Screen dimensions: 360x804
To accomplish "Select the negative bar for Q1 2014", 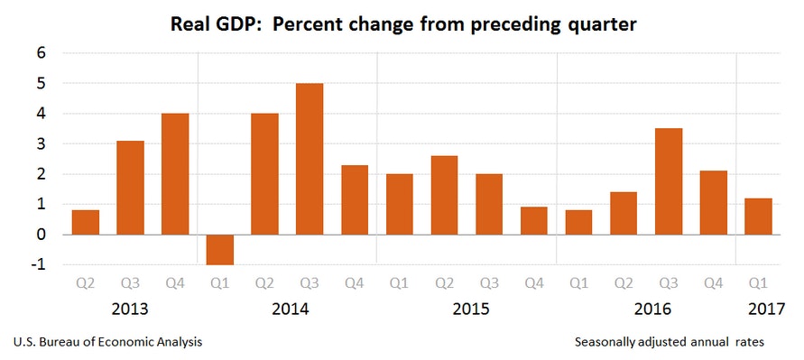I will (x=220, y=249).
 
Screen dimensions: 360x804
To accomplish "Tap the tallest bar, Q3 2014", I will (x=310, y=159).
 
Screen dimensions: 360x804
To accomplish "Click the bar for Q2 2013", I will (x=86, y=222).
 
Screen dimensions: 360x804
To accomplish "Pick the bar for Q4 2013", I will (x=175, y=174).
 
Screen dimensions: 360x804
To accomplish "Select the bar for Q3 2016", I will (x=669, y=181).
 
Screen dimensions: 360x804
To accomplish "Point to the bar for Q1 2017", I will (x=758, y=217).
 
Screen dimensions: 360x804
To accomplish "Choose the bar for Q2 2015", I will (x=444, y=195).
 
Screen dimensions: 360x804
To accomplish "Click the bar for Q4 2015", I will (x=534, y=221).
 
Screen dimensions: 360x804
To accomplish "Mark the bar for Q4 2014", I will (x=355, y=199).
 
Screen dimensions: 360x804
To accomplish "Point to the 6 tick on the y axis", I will (x=41, y=53).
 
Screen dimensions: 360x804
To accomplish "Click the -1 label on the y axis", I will (x=38, y=264).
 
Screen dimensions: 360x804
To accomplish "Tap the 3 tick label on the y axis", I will (x=41, y=143).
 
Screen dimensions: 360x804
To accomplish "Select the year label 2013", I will (x=130, y=309).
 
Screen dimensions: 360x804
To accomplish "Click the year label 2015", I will (x=470, y=309).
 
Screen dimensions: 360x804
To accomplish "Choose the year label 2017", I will (x=767, y=309).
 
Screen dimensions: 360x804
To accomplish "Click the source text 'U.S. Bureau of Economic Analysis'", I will (x=107, y=343).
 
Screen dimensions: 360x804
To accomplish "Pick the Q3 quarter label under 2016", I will (x=669, y=282).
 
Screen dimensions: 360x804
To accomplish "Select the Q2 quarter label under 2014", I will (x=264, y=282).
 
